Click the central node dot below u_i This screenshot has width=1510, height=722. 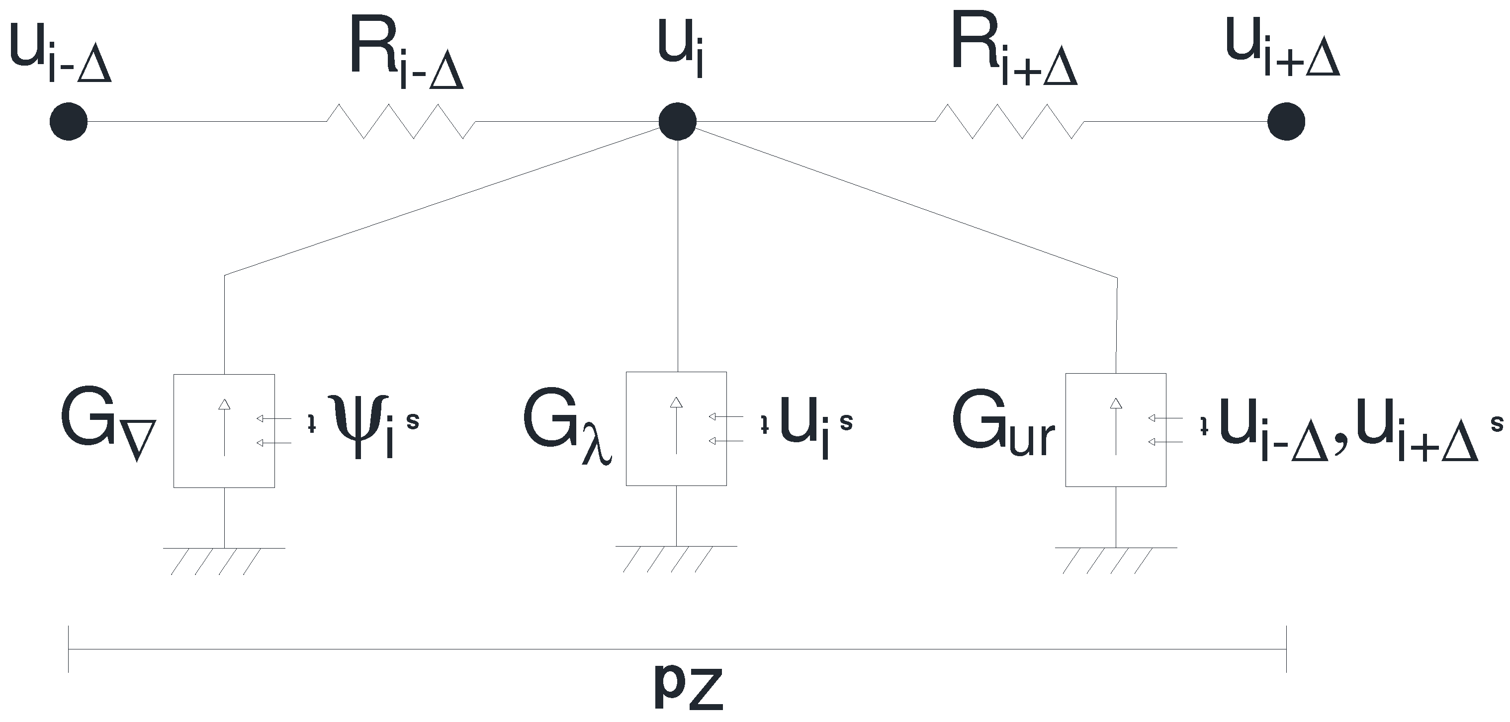677,122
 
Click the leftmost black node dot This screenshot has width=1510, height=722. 69,122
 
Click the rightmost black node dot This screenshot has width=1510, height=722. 1286,122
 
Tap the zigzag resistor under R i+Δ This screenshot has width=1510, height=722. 1009,121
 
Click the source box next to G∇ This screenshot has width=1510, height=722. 224,431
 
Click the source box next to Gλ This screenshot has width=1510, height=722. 677,428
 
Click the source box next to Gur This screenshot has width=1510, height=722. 1116,429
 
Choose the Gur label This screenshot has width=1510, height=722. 1003,425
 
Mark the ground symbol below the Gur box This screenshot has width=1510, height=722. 1116,559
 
